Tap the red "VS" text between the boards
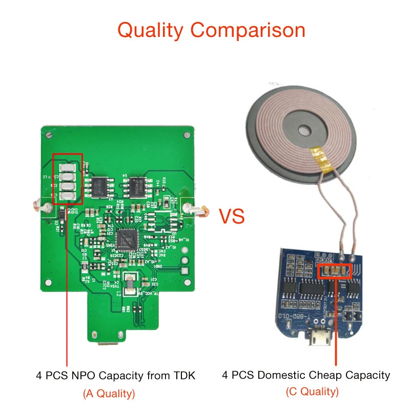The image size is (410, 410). point(232,216)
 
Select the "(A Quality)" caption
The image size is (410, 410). point(109,394)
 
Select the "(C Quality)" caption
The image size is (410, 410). point(312,392)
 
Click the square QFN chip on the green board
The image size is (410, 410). point(128,238)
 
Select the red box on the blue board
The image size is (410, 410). point(334,272)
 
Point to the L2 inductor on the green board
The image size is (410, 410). point(131,284)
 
